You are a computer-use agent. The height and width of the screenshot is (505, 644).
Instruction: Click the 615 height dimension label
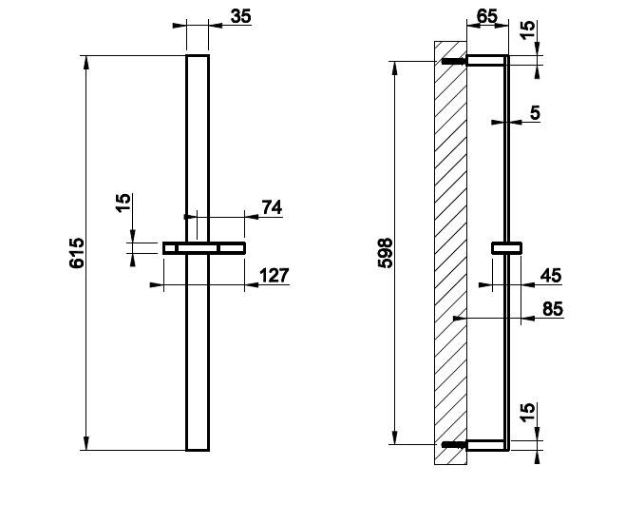77,253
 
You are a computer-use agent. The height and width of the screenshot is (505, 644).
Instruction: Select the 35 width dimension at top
240,16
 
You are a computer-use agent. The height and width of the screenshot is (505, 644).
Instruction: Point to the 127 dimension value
274,276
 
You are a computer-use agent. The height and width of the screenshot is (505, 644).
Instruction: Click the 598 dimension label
386,253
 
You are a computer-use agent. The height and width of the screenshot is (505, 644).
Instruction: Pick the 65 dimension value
485,16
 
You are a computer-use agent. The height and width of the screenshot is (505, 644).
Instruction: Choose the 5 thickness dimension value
535,113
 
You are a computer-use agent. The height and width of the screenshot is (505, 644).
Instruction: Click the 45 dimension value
550,276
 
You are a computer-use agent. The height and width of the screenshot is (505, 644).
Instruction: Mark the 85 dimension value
550,309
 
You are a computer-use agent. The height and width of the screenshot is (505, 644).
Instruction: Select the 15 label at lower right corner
528,414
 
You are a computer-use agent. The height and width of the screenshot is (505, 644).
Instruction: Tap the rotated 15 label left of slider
123,205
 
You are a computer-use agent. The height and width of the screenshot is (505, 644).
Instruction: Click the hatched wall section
449,253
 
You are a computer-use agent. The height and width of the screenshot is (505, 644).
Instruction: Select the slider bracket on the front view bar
203,248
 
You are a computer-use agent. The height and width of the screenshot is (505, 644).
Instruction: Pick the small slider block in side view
506,248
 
